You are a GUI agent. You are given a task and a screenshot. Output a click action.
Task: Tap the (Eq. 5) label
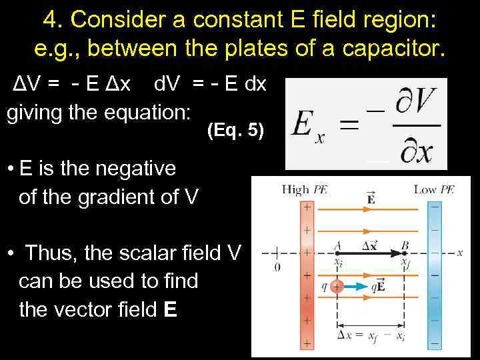(235, 131)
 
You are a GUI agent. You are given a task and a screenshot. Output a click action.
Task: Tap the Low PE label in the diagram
(433, 190)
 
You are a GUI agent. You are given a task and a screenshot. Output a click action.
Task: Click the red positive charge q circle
(337, 287)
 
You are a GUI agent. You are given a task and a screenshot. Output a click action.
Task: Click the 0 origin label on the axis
(277, 267)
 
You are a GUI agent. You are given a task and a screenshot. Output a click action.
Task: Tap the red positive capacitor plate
(307, 273)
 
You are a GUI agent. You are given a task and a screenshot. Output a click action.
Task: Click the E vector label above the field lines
(371, 197)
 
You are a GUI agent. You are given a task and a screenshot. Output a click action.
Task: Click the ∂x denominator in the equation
(415, 151)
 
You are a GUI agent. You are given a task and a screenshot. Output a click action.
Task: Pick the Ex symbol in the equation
(309, 127)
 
